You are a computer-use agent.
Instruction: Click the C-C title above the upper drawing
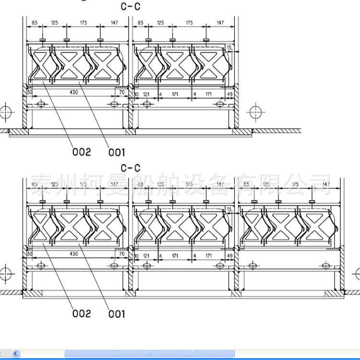point(130,6)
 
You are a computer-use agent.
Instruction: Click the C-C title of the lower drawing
point(130,168)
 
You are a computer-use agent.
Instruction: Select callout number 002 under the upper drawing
point(82,152)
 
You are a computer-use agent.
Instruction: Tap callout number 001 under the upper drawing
point(116,153)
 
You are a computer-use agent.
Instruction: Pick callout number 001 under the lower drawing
point(116,314)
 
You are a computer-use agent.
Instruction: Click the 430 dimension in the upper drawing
point(74,92)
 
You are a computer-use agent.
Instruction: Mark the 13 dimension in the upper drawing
point(229,48)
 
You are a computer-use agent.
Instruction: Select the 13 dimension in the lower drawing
point(229,210)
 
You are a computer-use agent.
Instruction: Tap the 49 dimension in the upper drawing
point(229,94)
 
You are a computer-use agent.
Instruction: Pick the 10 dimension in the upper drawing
point(136,94)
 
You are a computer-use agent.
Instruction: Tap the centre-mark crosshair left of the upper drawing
point(5,112)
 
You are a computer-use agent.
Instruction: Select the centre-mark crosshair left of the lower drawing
point(5,274)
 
